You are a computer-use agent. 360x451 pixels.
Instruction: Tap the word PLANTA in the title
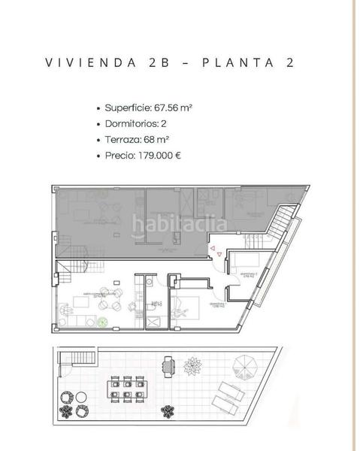tap(225, 63)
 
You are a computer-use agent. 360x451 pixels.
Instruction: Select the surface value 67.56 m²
tap(171, 107)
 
